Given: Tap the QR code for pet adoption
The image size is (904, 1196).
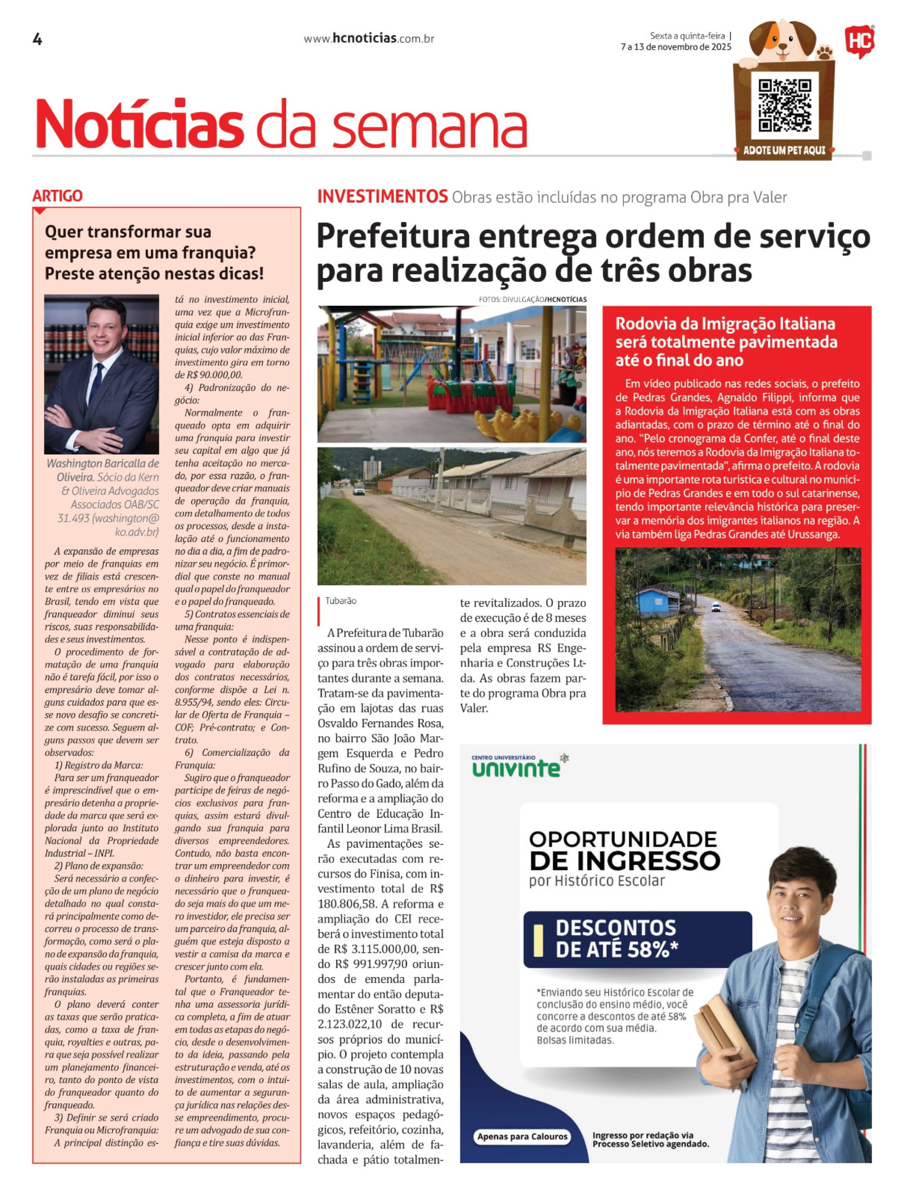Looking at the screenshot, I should [x=785, y=106].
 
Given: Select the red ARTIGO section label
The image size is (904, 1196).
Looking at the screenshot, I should [x=57, y=196].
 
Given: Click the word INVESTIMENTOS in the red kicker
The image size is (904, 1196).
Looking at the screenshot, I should [x=382, y=197].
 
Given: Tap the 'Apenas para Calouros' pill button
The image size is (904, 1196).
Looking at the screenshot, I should [x=522, y=1137].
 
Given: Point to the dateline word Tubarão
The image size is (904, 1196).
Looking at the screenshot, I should [x=340, y=601].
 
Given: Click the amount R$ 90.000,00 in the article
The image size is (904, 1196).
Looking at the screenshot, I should [x=209, y=375].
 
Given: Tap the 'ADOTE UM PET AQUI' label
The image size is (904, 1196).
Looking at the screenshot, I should [x=784, y=150].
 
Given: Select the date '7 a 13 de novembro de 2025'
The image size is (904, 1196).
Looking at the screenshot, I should [x=676, y=47].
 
